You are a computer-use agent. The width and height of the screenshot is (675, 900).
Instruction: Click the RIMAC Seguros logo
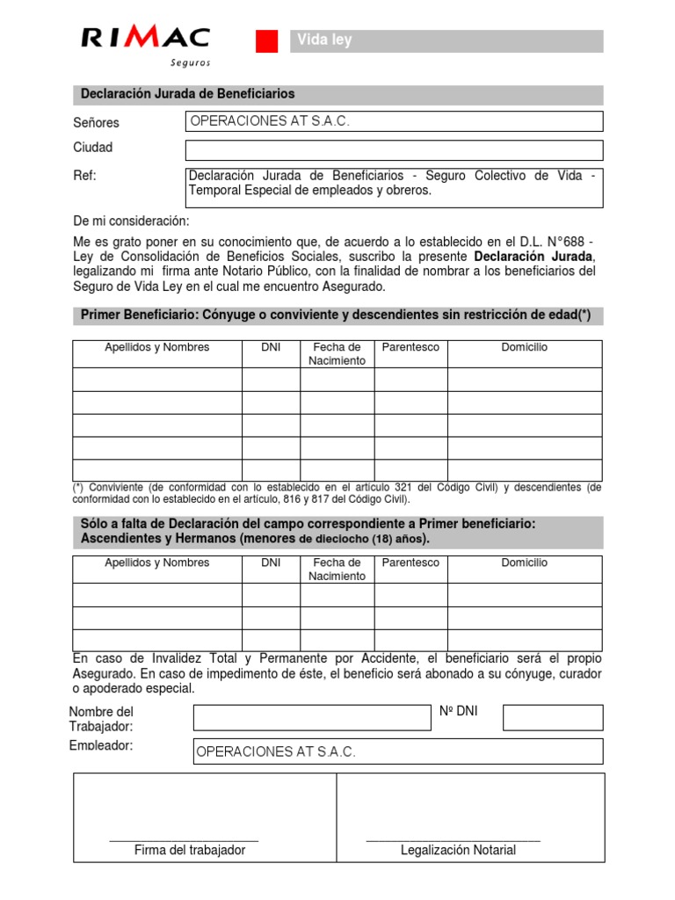[146, 43]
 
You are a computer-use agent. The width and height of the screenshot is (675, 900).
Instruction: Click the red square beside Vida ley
[266, 41]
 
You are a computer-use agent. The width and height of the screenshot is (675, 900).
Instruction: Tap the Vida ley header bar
[446, 41]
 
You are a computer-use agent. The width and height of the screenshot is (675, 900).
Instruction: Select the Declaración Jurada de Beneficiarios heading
[187, 94]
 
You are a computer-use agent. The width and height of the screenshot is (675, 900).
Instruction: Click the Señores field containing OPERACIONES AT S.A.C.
[394, 121]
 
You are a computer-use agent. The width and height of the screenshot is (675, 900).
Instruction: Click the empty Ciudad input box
[394, 149]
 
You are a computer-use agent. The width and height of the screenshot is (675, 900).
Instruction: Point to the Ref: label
[84, 176]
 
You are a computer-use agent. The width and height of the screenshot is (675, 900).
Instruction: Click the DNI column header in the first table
[271, 348]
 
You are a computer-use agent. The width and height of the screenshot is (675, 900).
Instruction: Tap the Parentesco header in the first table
[410, 348]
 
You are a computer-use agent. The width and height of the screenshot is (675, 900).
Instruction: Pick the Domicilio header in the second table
[524, 562]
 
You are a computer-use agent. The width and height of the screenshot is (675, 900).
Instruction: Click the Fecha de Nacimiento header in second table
[337, 570]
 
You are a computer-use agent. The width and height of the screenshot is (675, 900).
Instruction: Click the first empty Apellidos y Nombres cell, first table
[156, 380]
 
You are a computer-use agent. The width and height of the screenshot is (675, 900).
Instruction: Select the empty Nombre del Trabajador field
[310, 718]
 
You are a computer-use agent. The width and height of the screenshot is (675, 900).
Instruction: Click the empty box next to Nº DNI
[553, 718]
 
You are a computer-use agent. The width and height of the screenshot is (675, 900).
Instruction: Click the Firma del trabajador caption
[189, 850]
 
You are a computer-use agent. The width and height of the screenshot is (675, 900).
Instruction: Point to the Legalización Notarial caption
[458, 850]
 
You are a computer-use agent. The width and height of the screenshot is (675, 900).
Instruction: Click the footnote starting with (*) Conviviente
[337, 493]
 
